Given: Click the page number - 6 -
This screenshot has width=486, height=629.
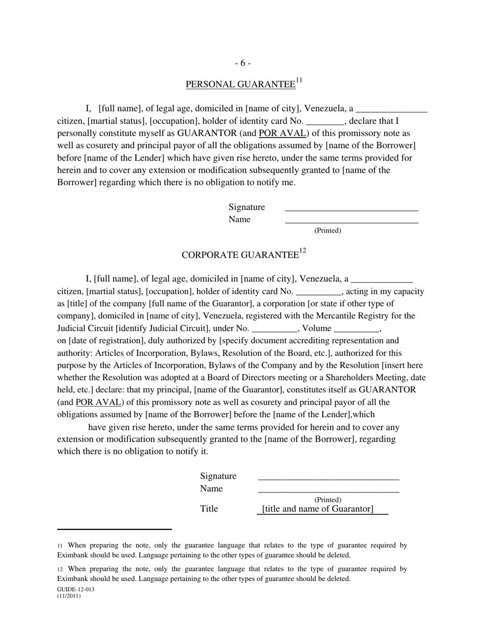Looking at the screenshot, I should pos(242,63).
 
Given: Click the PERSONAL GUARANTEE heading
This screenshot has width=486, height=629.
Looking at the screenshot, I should pos(240,85).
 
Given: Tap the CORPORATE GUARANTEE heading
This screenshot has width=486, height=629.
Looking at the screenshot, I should pos(240,255).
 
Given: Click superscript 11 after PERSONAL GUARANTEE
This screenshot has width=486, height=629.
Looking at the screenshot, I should pos(299,80).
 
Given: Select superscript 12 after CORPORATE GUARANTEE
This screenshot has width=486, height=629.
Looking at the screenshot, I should pos(302,251).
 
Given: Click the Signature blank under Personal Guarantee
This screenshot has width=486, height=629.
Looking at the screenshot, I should pos(351,209).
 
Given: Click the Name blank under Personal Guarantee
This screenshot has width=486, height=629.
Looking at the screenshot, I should pos(351,221).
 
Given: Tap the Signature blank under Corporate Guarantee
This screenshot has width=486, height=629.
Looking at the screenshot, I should pos(328,478).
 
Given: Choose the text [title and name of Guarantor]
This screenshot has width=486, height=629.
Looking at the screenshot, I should pos(318,509).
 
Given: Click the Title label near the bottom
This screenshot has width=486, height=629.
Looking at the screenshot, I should pos(209,509).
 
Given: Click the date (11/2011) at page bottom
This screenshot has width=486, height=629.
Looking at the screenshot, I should pos(69,596).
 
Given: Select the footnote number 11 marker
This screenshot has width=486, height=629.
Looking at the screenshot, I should pos(60,546).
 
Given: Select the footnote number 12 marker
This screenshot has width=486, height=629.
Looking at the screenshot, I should pos(60,569).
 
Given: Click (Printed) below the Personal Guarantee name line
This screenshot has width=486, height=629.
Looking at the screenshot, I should pos(327,231).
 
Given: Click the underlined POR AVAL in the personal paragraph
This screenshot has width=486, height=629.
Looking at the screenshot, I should pos(283,133).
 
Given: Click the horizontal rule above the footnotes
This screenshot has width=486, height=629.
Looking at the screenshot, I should pos(114,529).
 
